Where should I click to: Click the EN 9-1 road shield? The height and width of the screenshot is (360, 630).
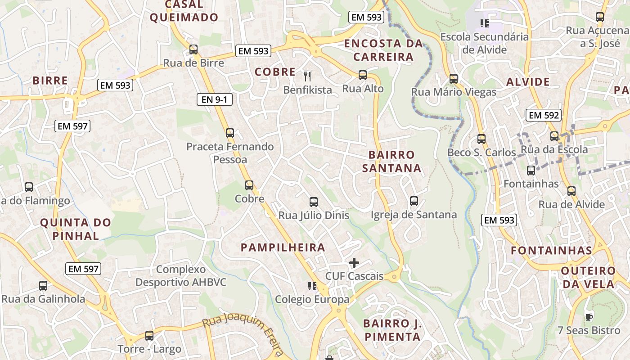215,99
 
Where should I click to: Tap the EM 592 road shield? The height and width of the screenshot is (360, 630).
544,115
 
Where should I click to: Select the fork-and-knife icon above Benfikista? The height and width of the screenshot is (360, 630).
307,76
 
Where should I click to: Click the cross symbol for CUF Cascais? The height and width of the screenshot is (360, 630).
354,263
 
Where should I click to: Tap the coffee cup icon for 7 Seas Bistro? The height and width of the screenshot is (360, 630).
589,317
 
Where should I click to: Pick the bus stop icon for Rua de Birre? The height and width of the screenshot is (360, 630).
193,49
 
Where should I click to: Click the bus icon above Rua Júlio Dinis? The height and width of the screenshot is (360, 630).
314,202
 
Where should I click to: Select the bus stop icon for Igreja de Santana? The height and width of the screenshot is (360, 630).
414,201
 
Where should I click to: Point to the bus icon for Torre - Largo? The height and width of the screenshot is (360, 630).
149,335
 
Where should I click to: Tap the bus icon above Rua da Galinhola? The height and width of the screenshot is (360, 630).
43,286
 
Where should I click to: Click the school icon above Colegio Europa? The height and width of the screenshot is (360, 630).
312,286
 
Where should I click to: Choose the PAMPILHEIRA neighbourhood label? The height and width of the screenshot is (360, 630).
283,247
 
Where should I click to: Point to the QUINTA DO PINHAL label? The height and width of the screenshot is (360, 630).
76,229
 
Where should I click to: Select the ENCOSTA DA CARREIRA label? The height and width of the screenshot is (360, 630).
383,50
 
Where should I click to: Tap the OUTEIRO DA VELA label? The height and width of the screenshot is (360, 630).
588,277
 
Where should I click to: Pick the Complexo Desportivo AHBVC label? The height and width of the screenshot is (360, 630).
181,276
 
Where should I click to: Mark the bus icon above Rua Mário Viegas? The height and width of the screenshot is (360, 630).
454,79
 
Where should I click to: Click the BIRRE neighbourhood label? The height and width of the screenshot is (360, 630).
50,81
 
